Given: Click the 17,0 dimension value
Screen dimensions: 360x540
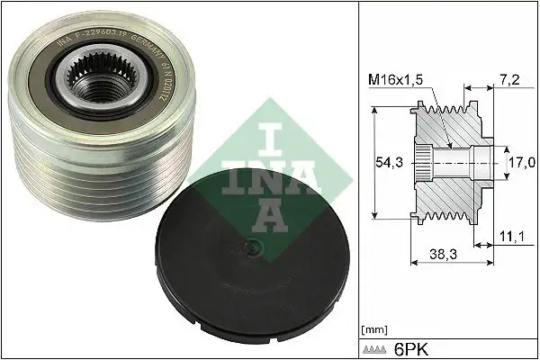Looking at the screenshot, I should point(518,164).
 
